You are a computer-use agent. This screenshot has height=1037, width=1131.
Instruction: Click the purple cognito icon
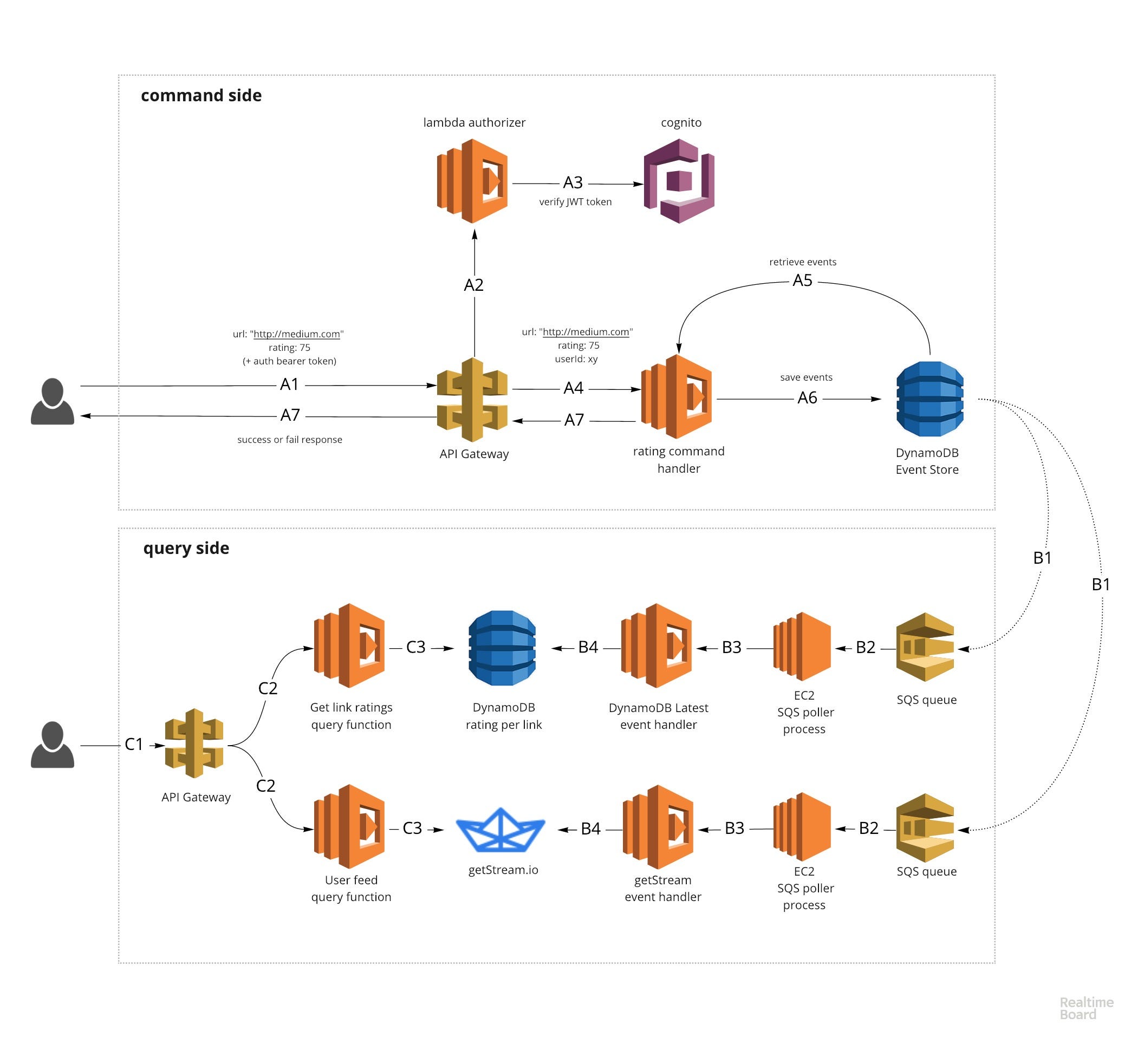tap(679, 181)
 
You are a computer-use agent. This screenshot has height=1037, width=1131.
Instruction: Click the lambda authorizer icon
tap(473, 181)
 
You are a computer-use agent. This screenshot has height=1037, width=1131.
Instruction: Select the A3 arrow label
tap(573, 182)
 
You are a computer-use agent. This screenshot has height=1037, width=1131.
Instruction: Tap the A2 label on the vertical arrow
tap(474, 285)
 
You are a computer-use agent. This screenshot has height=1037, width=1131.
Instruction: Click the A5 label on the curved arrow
tap(803, 281)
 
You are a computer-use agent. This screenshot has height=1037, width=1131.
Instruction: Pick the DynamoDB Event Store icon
tap(930, 399)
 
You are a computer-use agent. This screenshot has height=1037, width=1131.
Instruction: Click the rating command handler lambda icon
tap(677, 397)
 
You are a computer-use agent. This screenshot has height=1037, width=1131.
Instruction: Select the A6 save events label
tap(808, 398)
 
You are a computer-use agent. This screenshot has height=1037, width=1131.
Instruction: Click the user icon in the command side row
tap(52, 401)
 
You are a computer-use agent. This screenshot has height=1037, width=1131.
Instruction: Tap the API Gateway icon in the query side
tap(194, 743)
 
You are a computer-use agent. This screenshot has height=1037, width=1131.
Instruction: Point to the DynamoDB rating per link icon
tap(502, 648)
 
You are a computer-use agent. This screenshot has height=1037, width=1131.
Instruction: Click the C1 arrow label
tap(134, 745)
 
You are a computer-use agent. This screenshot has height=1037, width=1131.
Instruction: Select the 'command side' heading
tap(201, 95)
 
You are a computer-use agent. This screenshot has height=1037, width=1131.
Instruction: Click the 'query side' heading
tap(186, 548)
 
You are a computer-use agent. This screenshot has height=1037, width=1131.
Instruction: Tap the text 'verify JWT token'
tap(575, 202)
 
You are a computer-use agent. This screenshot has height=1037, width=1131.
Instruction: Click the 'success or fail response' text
tap(290, 440)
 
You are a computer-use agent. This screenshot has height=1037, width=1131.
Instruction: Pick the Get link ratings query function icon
tap(349, 646)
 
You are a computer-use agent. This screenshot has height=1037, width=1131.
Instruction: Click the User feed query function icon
tap(349, 827)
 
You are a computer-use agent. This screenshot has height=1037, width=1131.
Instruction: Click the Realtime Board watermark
tap(1086, 1008)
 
